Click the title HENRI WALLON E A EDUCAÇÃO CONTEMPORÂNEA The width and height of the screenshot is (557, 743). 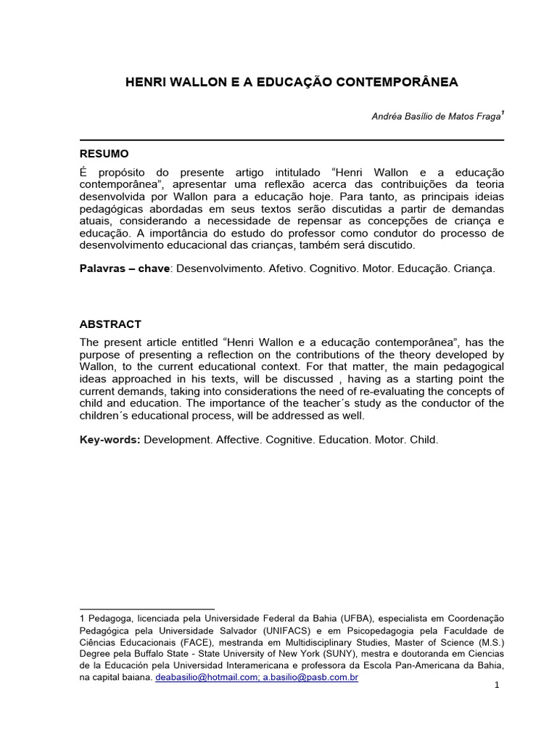pos(292,82)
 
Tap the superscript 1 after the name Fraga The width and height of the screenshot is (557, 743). pos(503,113)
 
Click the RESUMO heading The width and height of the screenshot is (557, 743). pos(104,154)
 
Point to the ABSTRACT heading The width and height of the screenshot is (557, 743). pos(110,324)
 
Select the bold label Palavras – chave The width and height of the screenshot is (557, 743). pos(124,268)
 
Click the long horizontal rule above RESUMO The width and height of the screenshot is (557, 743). pos(292,139)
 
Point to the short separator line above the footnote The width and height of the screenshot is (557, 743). pos(147,609)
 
